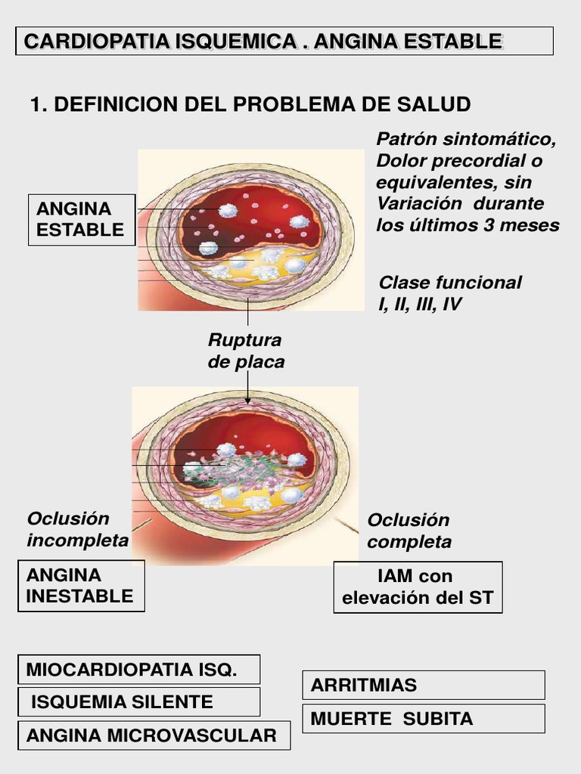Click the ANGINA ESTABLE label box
click(81, 219)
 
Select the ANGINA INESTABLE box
click(80, 586)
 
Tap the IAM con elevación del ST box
click(418, 587)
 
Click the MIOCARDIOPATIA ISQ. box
click(138, 670)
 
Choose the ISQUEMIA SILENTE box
click(138, 701)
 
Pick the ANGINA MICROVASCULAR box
click(154, 735)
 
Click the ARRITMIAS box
click(423, 685)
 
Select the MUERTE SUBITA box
click(423, 718)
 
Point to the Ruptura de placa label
click(246, 351)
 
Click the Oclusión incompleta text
click(78, 529)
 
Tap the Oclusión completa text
click(409, 531)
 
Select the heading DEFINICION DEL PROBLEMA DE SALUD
click(250, 104)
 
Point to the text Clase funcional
click(450, 283)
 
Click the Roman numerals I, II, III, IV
click(421, 305)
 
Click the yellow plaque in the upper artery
click(257, 265)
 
